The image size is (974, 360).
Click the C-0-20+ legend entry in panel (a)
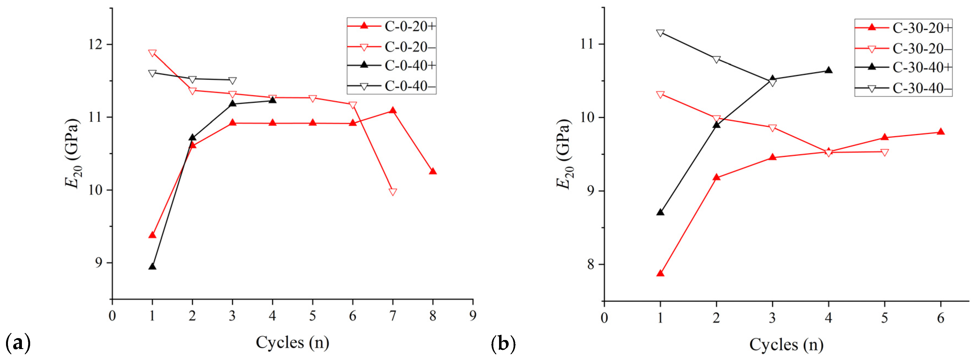391,27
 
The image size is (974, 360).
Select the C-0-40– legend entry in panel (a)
391,86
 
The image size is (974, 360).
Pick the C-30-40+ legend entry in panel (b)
904,67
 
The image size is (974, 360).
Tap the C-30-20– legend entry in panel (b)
904,49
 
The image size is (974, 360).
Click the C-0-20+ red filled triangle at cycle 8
433,171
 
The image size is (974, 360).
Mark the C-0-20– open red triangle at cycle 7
393,192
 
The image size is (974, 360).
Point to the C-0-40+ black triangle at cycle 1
152,267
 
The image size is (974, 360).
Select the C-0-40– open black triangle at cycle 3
232,81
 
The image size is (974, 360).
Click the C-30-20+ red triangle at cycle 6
941,132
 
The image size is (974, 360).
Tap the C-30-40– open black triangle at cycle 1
660,33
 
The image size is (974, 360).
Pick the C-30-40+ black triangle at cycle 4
828,70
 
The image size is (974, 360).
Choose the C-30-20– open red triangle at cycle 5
885,152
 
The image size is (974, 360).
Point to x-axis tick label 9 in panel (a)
473,315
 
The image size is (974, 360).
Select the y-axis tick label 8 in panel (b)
591,264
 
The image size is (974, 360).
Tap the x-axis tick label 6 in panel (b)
941,318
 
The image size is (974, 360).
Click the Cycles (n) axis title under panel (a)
292,343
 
